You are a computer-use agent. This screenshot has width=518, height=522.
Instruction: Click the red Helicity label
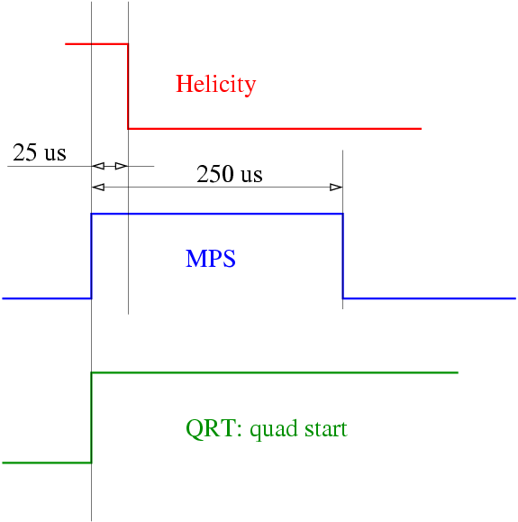tap(216, 85)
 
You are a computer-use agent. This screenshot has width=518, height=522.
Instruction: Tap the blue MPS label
tap(211, 259)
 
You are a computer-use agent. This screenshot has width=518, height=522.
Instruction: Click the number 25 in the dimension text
tap(25, 152)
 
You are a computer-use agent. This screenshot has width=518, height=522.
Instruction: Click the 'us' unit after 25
tap(55, 155)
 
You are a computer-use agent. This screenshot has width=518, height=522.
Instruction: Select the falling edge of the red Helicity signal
tap(128, 87)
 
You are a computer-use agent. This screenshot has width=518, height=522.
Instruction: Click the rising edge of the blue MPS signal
tap(92, 256)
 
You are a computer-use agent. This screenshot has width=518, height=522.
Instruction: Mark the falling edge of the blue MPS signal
tap(343, 256)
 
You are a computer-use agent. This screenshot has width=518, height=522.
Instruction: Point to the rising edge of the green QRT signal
tap(92, 417)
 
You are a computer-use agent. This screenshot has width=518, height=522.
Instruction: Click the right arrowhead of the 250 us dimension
tap(336, 188)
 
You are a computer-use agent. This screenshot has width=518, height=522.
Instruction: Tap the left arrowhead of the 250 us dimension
tap(98, 188)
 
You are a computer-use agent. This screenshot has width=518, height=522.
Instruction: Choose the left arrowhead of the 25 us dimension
tap(98, 166)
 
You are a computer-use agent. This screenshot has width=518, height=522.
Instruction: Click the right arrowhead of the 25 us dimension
tap(122, 166)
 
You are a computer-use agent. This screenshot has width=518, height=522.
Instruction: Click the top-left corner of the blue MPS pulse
tap(92, 214)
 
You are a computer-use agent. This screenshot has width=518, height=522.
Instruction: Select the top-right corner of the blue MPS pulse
tap(343, 214)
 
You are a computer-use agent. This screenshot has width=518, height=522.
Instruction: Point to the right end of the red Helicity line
tap(422, 129)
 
